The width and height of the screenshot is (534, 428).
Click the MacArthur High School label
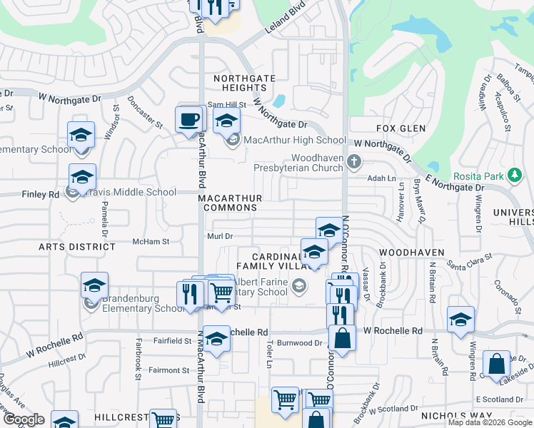coord(295,141)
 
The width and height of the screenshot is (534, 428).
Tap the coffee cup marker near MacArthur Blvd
coord(189,120)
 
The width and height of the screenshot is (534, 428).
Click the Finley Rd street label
coord(40,194)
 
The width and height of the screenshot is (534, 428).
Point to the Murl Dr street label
coord(220,236)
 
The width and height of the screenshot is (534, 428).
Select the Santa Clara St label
coord(470,260)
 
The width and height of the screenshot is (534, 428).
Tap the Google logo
coord(24,419)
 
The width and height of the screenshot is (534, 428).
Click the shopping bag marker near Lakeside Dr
coord(496,365)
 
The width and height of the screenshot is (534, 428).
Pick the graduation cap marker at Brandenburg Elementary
coord(94,286)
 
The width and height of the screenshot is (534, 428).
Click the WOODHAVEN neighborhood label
coord(412,253)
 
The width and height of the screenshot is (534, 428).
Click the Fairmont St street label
coord(168,370)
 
